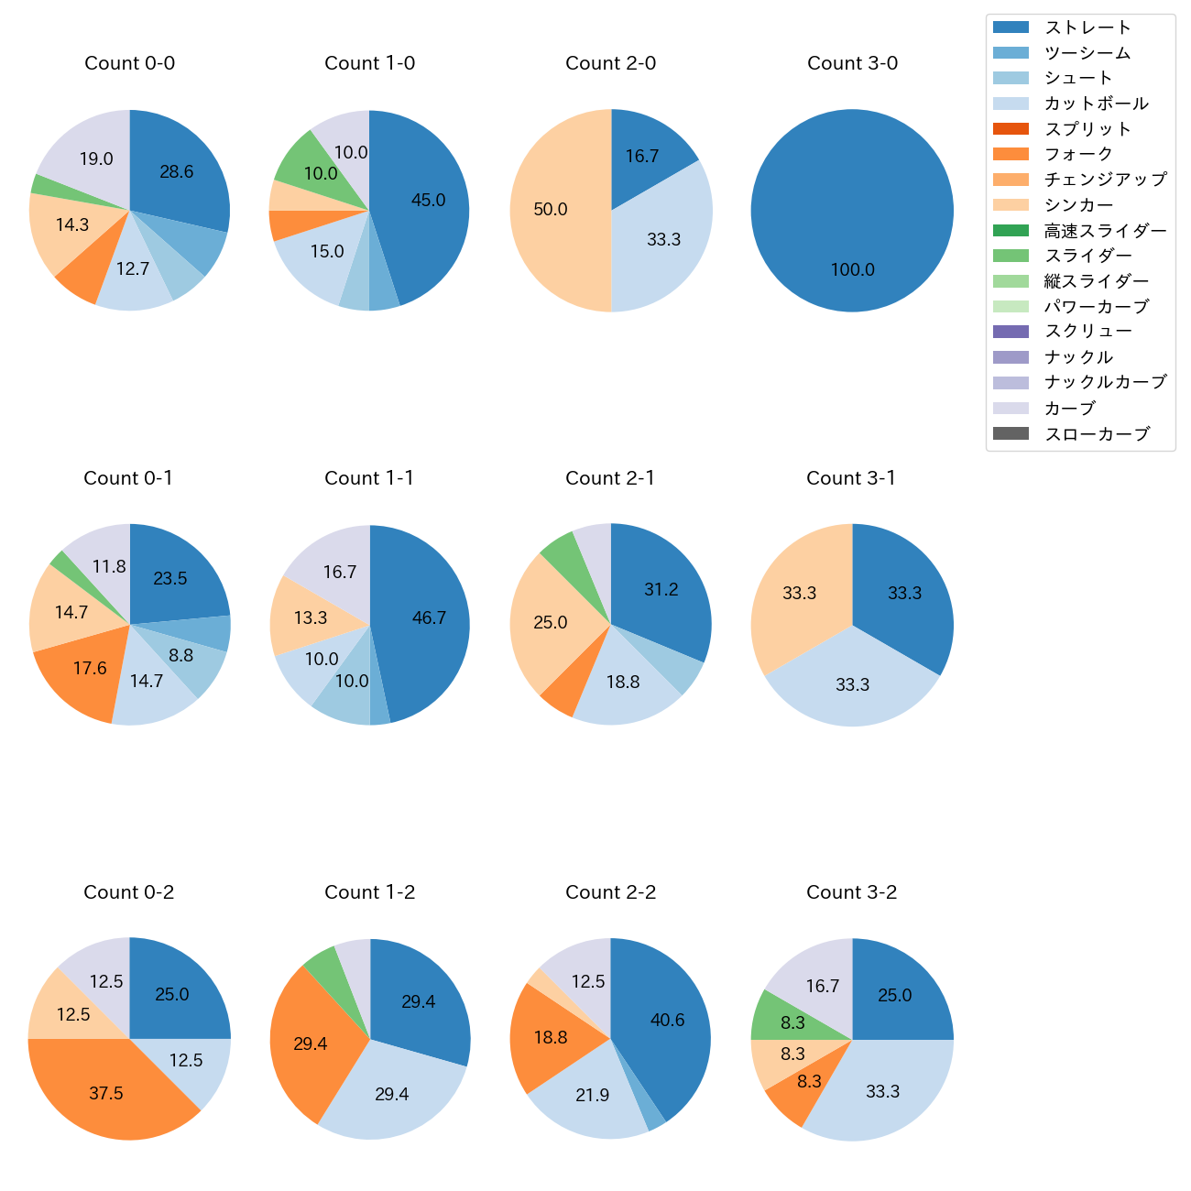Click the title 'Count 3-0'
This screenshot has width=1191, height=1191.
(x=852, y=63)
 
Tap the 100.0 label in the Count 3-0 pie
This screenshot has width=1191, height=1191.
(x=853, y=270)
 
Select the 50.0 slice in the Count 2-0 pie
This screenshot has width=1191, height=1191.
(x=551, y=210)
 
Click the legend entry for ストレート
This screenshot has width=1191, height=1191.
(x=1087, y=27)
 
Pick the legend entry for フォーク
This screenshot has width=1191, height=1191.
(x=1078, y=154)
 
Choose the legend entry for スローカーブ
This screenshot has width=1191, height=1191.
(x=1097, y=434)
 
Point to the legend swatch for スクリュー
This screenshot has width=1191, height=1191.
(x=1011, y=332)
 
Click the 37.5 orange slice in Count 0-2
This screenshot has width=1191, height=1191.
(x=106, y=1094)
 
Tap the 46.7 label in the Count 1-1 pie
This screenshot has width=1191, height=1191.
(x=429, y=618)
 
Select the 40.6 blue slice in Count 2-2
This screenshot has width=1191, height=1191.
(x=668, y=1021)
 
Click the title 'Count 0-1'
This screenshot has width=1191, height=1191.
(x=128, y=478)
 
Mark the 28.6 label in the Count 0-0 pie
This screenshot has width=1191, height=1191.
(x=177, y=171)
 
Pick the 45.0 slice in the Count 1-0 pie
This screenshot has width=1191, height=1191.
(x=429, y=201)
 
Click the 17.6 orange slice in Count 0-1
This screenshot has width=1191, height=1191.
(x=90, y=669)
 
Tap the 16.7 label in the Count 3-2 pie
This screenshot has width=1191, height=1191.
(x=823, y=987)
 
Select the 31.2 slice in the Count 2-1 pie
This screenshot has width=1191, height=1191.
(x=661, y=590)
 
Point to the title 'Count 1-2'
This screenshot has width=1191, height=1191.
(x=370, y=892)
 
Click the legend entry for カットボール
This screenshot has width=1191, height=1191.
(x=1096, y=104)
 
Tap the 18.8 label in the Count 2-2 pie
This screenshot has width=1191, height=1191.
(x=551, y=1038)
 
